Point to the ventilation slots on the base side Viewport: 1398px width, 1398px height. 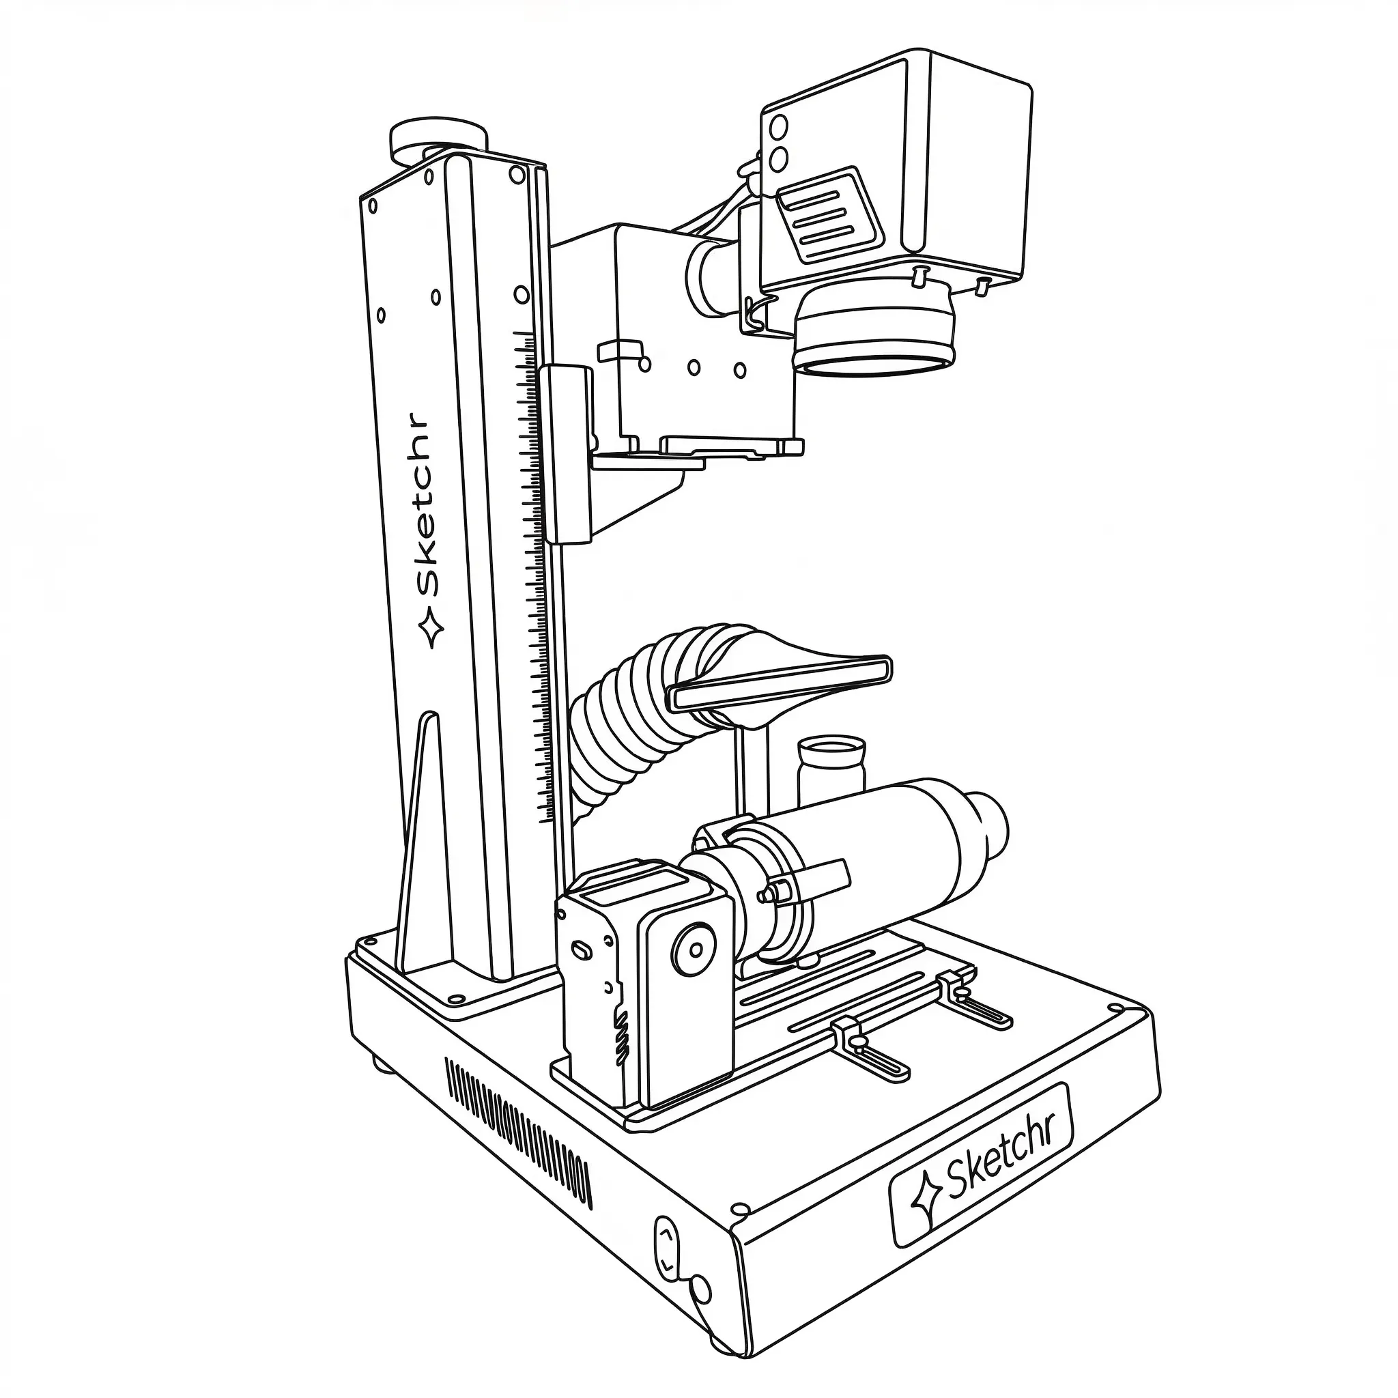pos(517,1129)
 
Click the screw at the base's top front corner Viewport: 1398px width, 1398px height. pos(739,1208)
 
